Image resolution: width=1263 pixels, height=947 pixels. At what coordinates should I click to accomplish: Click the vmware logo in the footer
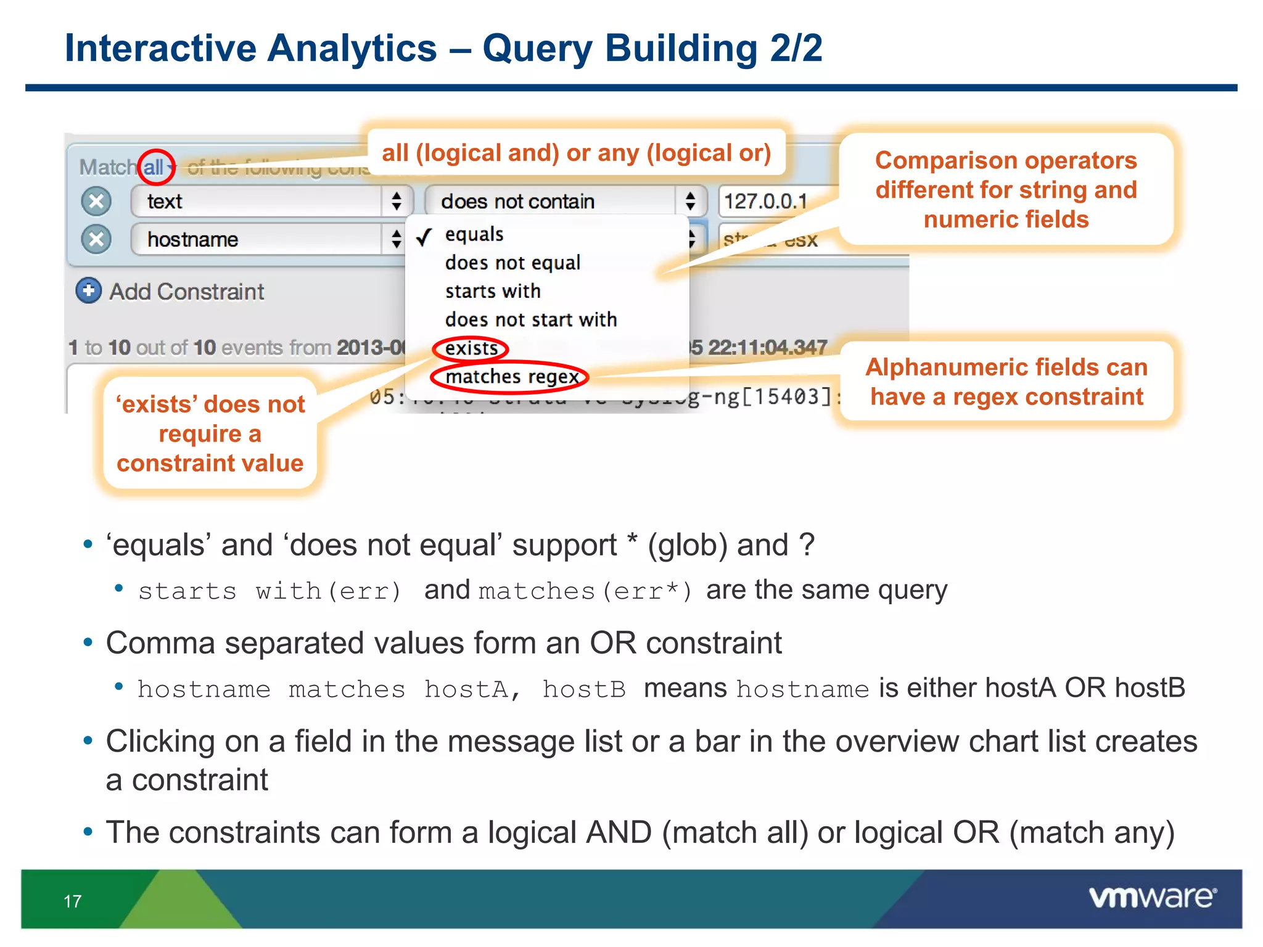click(1152, 897)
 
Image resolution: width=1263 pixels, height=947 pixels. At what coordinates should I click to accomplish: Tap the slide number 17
click(72, 901)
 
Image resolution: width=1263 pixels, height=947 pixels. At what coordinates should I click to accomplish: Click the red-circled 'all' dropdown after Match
click(155, 167)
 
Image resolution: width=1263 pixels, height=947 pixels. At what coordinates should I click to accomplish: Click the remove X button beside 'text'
click(96, 202)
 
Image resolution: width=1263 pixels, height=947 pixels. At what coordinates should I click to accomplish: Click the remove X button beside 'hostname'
click(96, 239)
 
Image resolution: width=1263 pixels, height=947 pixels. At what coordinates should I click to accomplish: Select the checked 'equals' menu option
click(474, 235)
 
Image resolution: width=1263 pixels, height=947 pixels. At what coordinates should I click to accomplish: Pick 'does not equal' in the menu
click(512, 263)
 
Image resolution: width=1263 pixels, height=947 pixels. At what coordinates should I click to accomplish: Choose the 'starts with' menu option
click(493, 291)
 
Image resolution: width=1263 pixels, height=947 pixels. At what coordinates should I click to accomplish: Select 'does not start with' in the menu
click(530, 320)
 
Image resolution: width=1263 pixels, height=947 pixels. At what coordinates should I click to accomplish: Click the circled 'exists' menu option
click(471, 348)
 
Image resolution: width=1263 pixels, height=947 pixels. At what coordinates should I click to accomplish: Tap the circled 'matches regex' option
click(511, 377)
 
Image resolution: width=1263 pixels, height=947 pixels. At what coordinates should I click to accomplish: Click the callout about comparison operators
click(1006, 189)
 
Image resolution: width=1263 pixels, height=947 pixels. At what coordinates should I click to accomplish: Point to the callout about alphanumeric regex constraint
click(1006, 382)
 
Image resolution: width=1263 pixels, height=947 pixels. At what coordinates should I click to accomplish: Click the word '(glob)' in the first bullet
click(686, 546)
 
